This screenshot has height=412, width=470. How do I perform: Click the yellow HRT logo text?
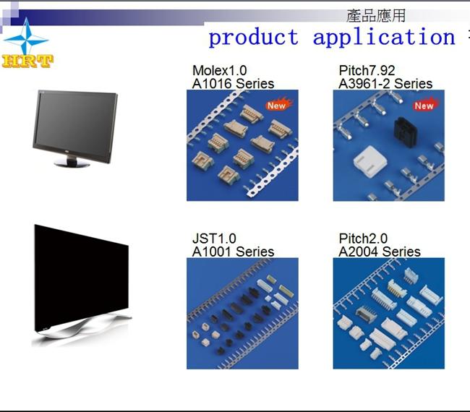[x=27, y=61]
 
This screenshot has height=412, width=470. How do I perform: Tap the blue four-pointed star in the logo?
[x=26, y=38]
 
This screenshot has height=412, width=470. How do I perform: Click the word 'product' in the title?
[x=254, y=38]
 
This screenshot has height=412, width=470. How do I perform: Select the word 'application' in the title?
[x=384, y=38]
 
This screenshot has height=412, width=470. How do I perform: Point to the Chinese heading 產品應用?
[x=376, y=16]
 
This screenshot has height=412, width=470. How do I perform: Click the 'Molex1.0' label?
[x=219, y=70]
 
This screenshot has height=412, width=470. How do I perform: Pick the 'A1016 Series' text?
[x=233, y=84]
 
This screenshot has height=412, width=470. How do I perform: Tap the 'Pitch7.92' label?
[x=367, y=71]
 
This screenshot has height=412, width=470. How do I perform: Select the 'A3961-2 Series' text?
[x=385, y=84]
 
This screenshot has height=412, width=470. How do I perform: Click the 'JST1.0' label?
[x=214, y=239]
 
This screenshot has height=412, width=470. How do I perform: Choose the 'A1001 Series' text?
[x=233, y=252]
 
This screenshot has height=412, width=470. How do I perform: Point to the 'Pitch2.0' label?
[x=363, y=239]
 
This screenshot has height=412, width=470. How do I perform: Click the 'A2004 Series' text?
[x=379, y=252]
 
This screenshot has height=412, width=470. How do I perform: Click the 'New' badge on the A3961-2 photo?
[x=425, y=105]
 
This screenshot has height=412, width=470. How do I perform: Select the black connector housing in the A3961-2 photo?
[x=405, y=129]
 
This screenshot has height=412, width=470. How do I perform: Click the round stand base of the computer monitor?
[x=72, y=163]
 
